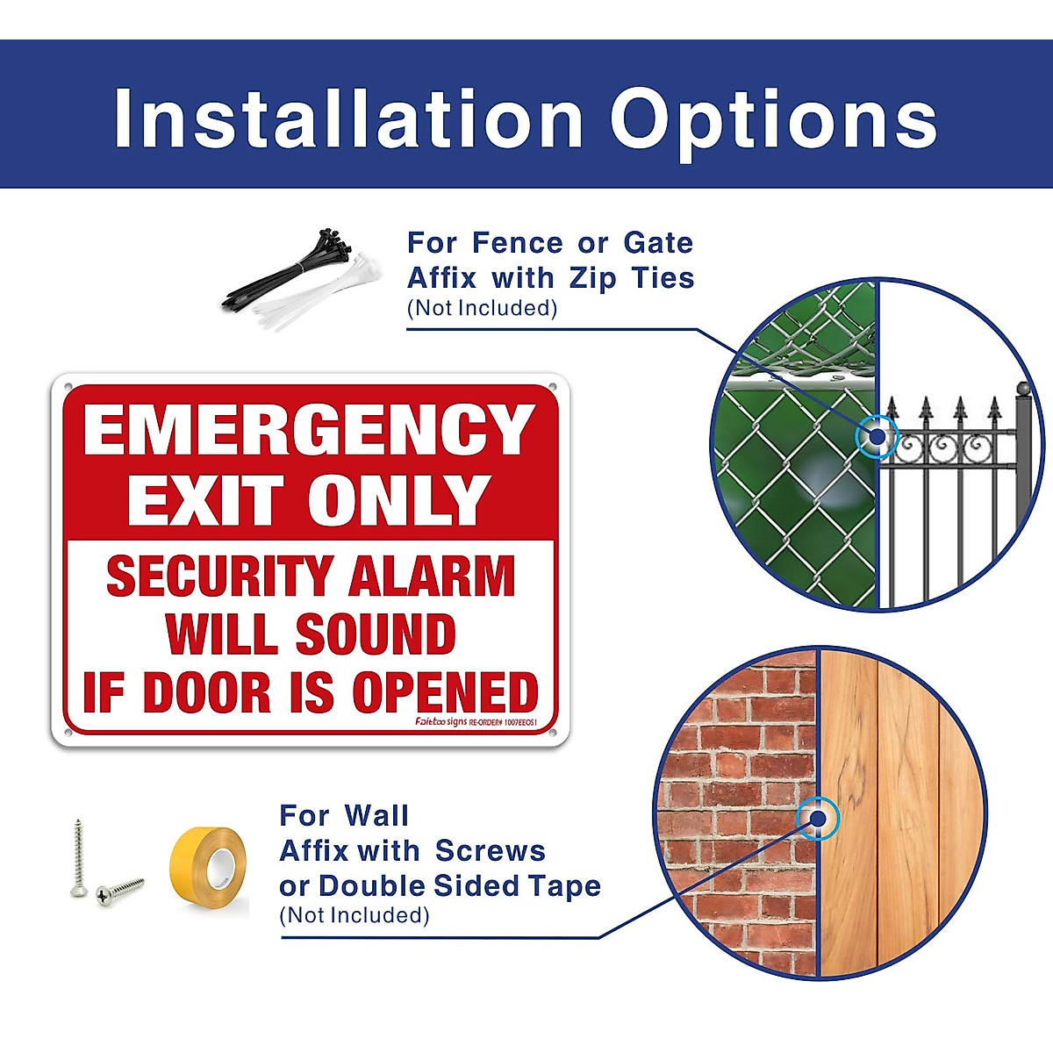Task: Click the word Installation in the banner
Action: coord(348,118)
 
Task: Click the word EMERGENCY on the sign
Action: coord(309,430)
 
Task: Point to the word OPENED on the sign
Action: coord(445,693)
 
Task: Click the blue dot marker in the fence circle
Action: coord(875,434)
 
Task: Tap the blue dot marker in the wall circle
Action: coord(818,819)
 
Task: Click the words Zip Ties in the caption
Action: coord(632,278)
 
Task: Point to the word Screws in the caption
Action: coord(490,850)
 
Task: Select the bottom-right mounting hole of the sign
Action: coord(552,732)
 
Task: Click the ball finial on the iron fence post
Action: coord(1022,388)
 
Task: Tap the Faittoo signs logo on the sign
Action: coord(441,721)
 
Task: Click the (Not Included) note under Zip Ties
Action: coord(482,308)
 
